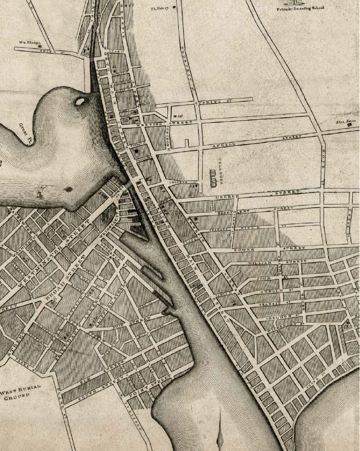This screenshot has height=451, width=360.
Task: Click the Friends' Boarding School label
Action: (300, 8)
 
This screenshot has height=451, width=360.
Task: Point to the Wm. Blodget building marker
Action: (40, 46)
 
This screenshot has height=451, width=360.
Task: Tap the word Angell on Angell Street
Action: (225, 145)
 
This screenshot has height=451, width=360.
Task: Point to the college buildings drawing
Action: (213, 178)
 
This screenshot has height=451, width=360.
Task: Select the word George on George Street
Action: (227, 197)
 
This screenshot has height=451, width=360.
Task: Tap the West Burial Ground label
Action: (20, 392)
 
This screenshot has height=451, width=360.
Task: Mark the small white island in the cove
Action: (80, 101)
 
